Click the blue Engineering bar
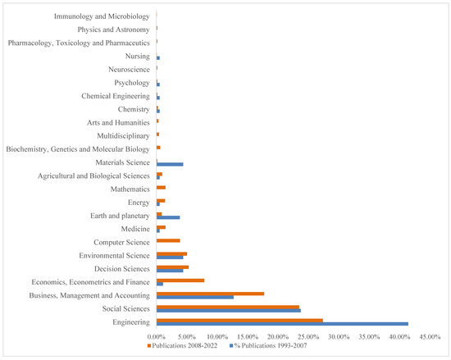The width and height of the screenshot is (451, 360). pos(282,324)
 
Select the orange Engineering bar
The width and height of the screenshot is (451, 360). pos(239,320)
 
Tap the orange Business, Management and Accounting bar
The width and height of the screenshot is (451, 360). pos(210,293)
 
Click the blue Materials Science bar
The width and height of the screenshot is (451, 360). pos(170,164)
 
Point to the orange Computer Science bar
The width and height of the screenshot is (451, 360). pos(168,240)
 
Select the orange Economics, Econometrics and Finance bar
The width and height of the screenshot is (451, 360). pos(180,280)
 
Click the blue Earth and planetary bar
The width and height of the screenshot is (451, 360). pos(168,217)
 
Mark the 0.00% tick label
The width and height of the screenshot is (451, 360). pos(156,336)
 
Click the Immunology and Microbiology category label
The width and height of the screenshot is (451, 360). pos(101,16)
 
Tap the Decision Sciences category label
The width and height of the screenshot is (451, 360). pos(122,268)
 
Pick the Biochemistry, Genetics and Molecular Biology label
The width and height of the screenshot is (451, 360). pos(78,149)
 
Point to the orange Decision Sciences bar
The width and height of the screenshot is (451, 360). pos(173,267)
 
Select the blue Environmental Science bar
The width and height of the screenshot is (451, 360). pos(170,257)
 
